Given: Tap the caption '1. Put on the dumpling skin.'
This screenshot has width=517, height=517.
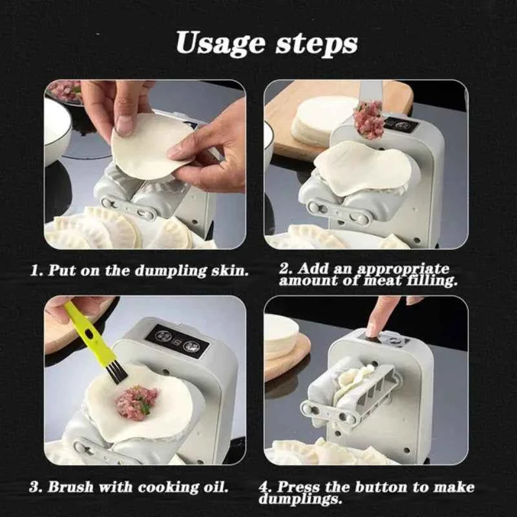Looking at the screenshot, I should pyautogui.click(x=140, y=270).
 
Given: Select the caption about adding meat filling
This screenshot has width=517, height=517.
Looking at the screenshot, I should pyautogui.click(x=368, y=274).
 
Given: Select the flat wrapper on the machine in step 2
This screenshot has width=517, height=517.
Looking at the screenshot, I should pyautogui.click(x=362, y=165).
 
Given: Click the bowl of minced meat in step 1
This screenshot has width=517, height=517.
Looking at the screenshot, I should pyautogui.click(x=65, y=90).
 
